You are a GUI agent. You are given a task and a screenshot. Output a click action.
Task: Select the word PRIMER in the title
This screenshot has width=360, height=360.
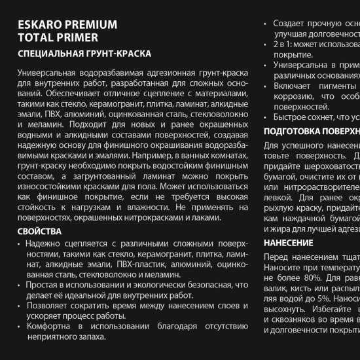coord(72,38)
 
